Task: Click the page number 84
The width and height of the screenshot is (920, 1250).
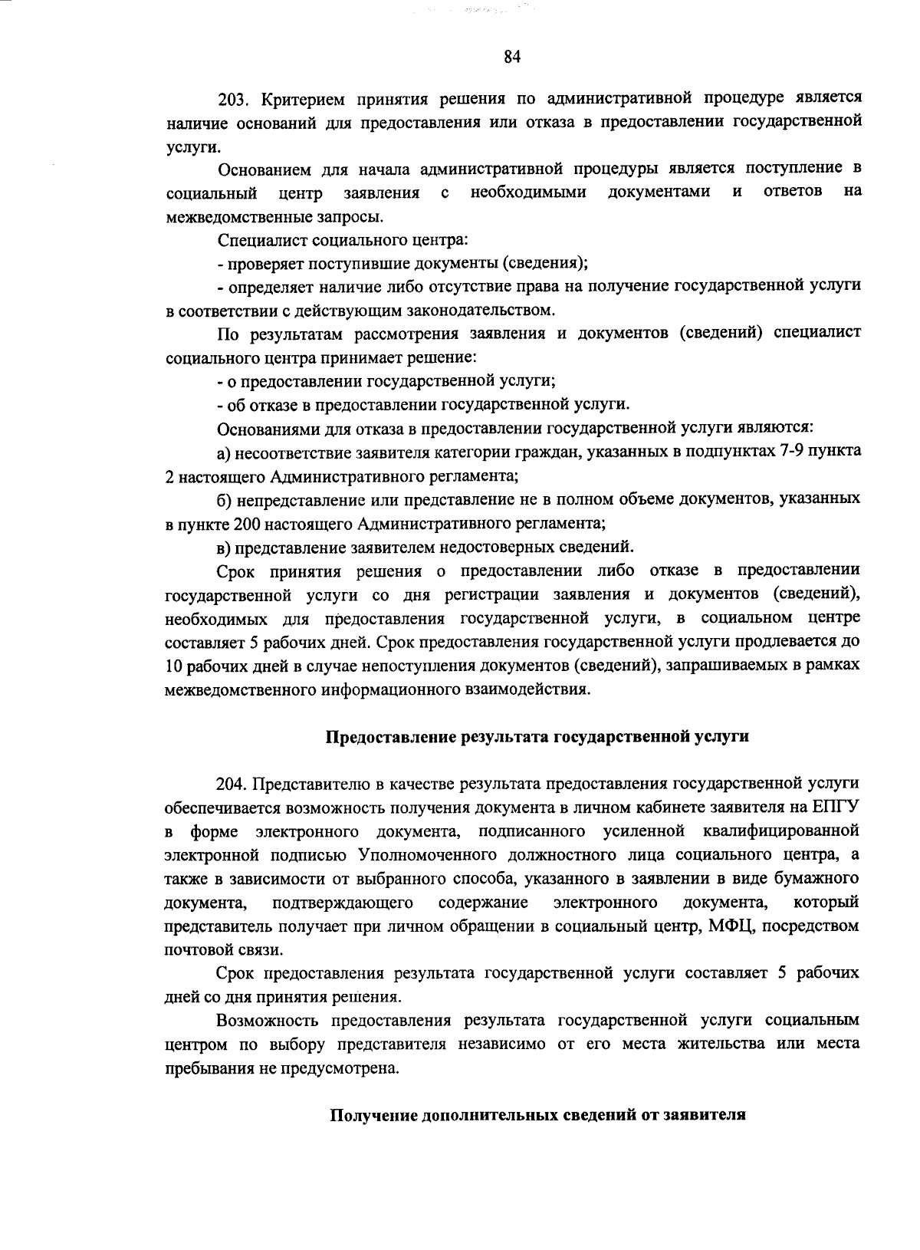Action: pos(512,57)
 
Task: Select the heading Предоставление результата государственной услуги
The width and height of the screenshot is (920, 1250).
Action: pos(537,737)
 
